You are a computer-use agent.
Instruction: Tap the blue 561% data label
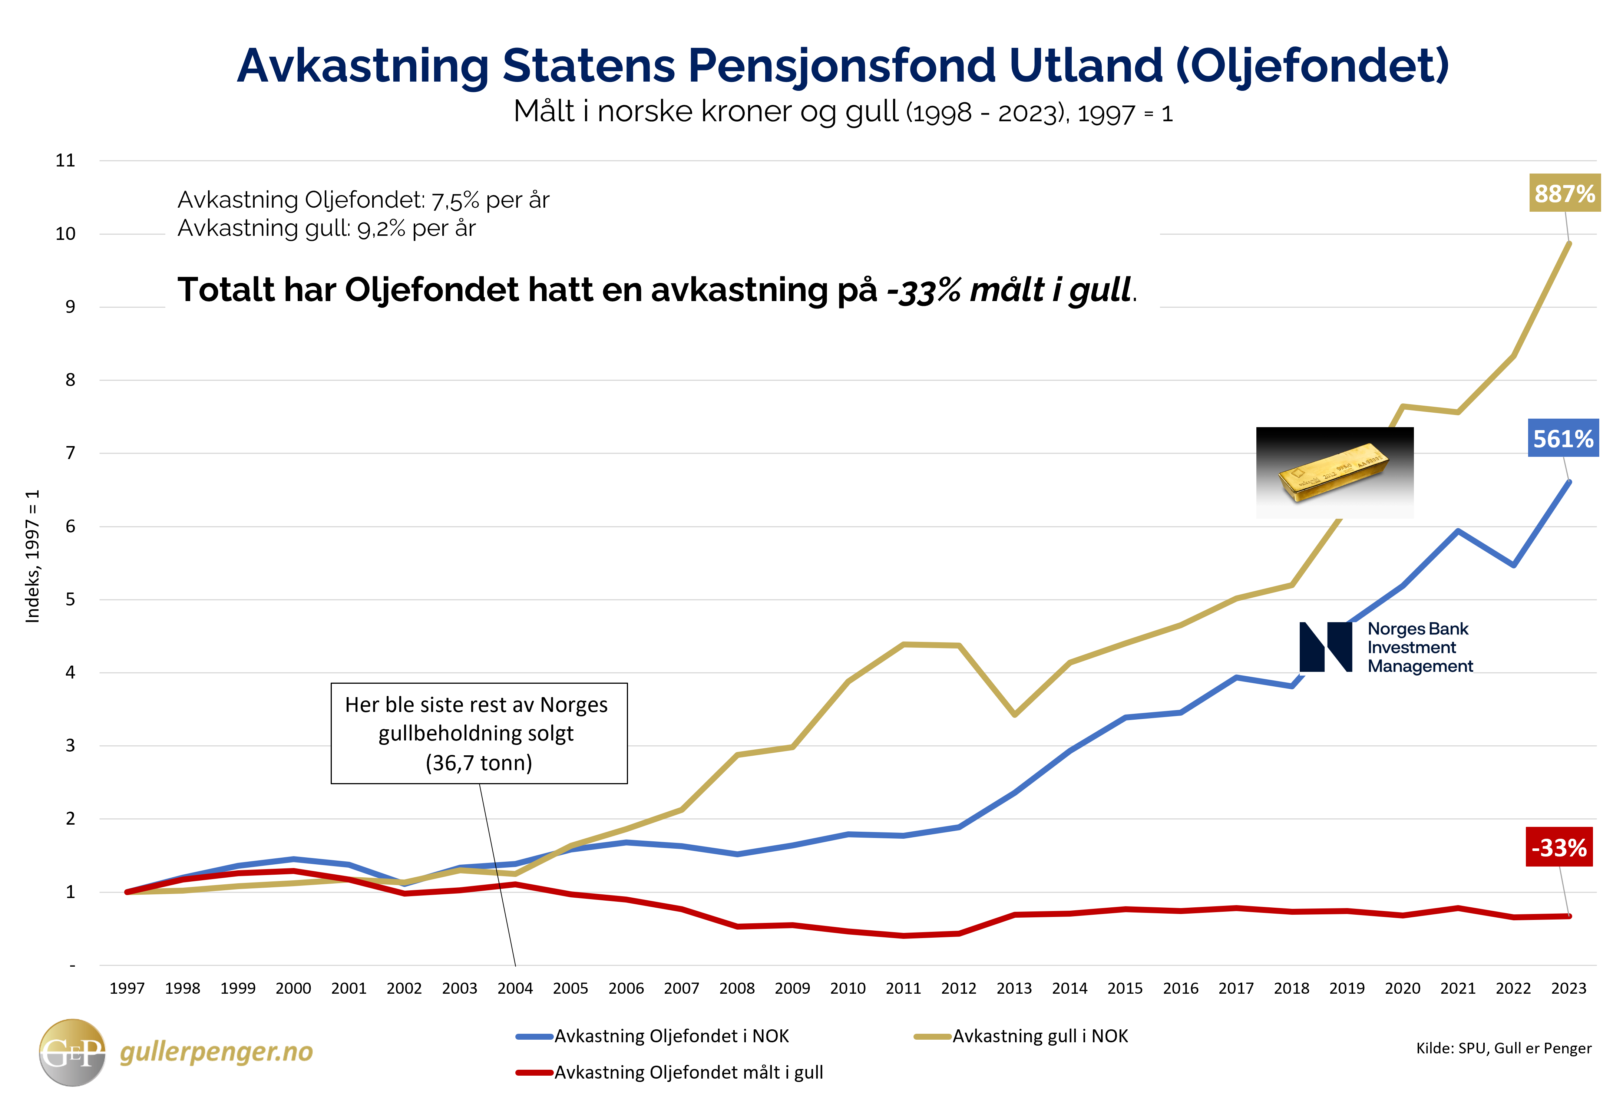coord(1562,439)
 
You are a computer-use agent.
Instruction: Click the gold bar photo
coord(1334,473)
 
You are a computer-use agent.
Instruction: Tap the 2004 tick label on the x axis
coord(515,989)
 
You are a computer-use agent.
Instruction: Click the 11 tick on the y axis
coord(66,161)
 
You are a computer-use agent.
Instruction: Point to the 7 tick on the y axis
coord(70,453)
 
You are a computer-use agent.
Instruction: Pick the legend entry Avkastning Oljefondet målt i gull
coord(688,1072)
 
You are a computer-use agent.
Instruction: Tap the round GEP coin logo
coord(72,1052)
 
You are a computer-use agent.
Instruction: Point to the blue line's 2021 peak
coord(1458,532)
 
